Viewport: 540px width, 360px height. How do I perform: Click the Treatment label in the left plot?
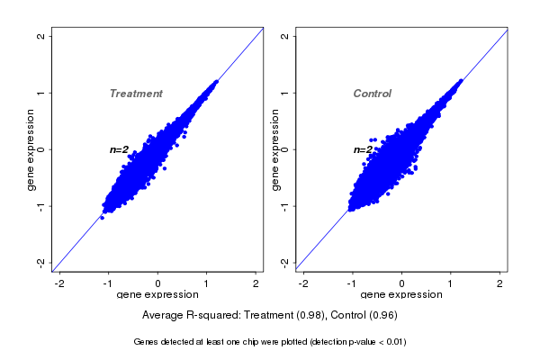point(136,94)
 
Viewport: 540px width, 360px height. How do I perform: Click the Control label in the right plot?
point(373,94)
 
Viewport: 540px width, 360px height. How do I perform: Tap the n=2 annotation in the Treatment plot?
point(120,149)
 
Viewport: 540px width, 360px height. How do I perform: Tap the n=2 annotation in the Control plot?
point(363,149)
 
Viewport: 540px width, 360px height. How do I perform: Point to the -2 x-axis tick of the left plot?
point(59,283)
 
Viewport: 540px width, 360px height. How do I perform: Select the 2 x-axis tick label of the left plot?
point(256,283)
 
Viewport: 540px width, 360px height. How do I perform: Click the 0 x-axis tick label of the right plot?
point(401,283)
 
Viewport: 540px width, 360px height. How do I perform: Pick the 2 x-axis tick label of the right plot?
point(500,283)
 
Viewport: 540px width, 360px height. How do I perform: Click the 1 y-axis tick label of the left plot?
point(41,93)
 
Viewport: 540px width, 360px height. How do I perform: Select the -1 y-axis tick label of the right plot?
point(285,206)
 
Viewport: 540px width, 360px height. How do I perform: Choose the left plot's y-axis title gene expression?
point(31,149)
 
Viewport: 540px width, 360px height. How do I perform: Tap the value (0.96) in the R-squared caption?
point(380,315)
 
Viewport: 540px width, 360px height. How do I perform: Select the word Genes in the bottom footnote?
point(147,342)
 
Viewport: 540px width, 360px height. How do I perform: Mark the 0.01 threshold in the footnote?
point(393,342)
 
